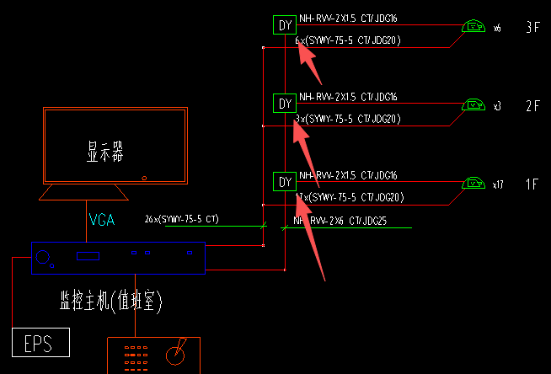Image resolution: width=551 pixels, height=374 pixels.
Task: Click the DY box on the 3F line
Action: [x=285, y=25]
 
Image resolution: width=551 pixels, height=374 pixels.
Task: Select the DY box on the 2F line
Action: [x=285, y=104]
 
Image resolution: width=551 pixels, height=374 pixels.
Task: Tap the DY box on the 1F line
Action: [x=285, y=181]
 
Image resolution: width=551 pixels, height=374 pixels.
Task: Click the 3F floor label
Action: [x=532, y=27]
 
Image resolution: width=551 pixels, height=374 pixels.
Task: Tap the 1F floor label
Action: [x=532, y=183]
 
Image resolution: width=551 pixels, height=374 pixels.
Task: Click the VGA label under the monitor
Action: [x=102, y=221]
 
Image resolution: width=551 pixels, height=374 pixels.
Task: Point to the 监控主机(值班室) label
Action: [x=110, y=300]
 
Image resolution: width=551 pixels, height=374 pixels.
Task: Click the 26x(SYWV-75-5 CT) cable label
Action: [x=181, y=219]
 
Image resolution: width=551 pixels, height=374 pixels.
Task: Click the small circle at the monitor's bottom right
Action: [x=146, y=178]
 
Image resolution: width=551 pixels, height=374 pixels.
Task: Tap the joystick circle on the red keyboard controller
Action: [x=175, y=355]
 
